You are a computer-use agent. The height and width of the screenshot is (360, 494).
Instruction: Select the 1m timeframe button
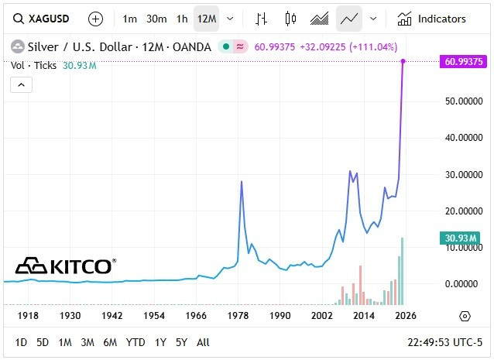click(x=129, y=19)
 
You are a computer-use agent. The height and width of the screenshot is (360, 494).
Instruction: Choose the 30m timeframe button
click(x=156, y=19)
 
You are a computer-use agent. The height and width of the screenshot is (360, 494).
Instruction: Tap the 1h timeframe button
click(x=182, y=19)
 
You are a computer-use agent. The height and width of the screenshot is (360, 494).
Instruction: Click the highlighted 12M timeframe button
click(x=206, y=19)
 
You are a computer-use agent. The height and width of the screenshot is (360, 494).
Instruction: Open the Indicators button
click(x=432, y=19)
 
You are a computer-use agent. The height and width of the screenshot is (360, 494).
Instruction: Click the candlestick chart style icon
click(x=290, y=19)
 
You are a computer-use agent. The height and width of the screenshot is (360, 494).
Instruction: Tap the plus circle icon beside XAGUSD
click(x=95, y=19)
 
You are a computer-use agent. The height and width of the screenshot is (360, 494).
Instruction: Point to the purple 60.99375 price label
click(x=464, y=61)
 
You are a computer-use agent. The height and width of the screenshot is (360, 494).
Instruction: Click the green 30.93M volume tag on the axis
click(x=464, y=238)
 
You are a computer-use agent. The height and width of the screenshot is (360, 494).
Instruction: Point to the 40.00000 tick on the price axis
click(x=462, y=138)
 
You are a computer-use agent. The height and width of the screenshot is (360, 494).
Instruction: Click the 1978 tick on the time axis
click(x=238, y=316)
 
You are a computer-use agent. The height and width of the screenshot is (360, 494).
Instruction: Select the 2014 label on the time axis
click(x=364, y=316)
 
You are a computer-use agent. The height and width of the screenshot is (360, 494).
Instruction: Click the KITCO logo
click(x=65, y=266)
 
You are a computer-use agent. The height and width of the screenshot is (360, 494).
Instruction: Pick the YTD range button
click(x=136, y=342)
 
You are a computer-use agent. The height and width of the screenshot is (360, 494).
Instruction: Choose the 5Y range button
click(x=181, y=342)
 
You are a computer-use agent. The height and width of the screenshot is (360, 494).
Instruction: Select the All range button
click(x=203, y=342)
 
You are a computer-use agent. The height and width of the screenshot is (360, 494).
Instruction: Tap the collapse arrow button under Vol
click(x=20, y=85)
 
